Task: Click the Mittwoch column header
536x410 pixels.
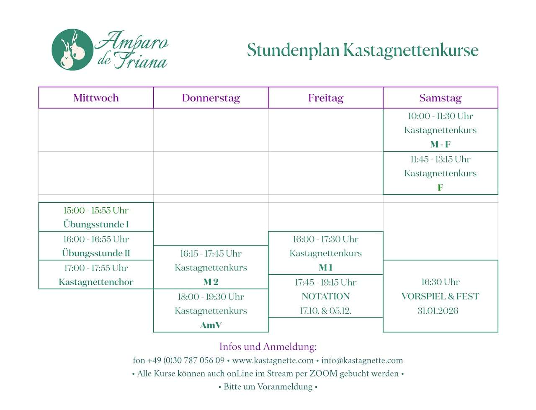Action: [96, 98]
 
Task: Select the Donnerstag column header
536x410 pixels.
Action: [211, 98]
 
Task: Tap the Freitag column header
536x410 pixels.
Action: [326, 98]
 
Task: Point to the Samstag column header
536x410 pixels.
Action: [441, 98]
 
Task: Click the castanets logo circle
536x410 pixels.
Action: [72, 49]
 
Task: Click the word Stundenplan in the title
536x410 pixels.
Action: [293, 50]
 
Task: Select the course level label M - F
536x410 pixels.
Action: [441, 144]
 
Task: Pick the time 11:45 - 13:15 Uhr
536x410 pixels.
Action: [441, 160]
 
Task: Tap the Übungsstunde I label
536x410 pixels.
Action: [96, 224]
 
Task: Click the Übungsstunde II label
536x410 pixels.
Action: [96, 253]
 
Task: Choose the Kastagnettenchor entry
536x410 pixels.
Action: [96, 282]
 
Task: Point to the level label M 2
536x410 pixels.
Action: [211, 282]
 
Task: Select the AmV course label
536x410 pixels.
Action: [211, 325]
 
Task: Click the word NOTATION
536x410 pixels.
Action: [326, 297]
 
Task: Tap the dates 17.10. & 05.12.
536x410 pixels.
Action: [326, 311]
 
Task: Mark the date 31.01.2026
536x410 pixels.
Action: [438, 311]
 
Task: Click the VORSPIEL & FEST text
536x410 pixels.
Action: [441, 297]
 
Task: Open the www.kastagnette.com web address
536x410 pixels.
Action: [273, 361]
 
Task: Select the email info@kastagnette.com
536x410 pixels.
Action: [362, 361]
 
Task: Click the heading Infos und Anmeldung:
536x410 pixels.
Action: [268, 347]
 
